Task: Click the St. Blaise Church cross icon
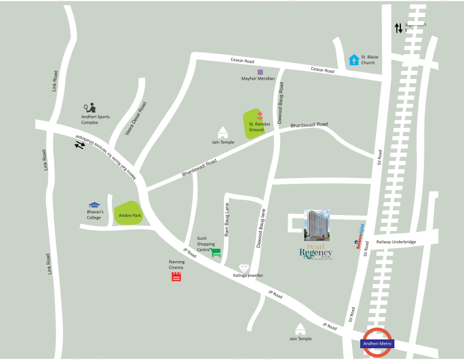coord(354,60)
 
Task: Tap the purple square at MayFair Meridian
coord(260,72)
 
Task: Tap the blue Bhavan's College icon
coord(94,205)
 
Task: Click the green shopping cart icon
coord(216,252)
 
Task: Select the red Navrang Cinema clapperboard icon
coord(176,276)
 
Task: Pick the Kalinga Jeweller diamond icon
coord(244,268)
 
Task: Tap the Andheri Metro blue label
coord(377,344)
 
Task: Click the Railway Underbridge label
coord(396,242)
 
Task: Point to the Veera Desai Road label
coord(136,118)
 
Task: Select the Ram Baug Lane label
coord(227,220)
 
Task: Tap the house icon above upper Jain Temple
coord(223,132)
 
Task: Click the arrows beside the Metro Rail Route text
coord(80,145)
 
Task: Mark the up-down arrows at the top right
coord(399,28)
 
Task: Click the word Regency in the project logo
coord(315,253)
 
